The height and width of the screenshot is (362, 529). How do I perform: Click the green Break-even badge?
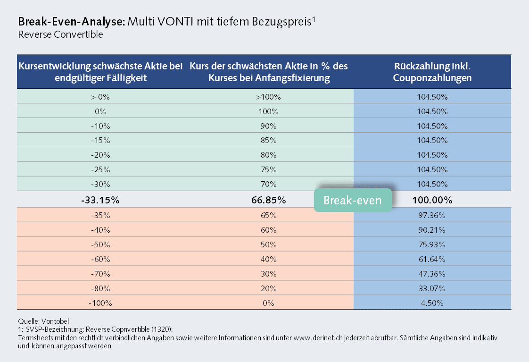tap(353, 200)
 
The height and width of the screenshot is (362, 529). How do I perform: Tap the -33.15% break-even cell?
tap(100, 200)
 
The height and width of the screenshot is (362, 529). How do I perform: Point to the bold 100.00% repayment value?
tap(432, 200)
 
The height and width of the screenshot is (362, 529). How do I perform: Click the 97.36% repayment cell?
tap(432, 215)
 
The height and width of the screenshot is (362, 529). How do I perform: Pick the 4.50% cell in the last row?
tap(432, 303)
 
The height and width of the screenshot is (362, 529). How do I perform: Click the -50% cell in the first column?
tap(100, 244)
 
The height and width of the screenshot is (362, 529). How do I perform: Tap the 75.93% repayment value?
tap(432, 244)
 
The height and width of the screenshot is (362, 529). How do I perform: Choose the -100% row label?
tap(100, 303)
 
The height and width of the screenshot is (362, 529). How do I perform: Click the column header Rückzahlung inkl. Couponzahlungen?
tap(432, 72)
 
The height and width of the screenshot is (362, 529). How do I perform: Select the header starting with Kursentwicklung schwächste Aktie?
tap(100, 72)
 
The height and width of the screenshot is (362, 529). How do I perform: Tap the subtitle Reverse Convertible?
tap(60, 34)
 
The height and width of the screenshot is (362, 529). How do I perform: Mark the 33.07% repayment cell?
tap(432, 288)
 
